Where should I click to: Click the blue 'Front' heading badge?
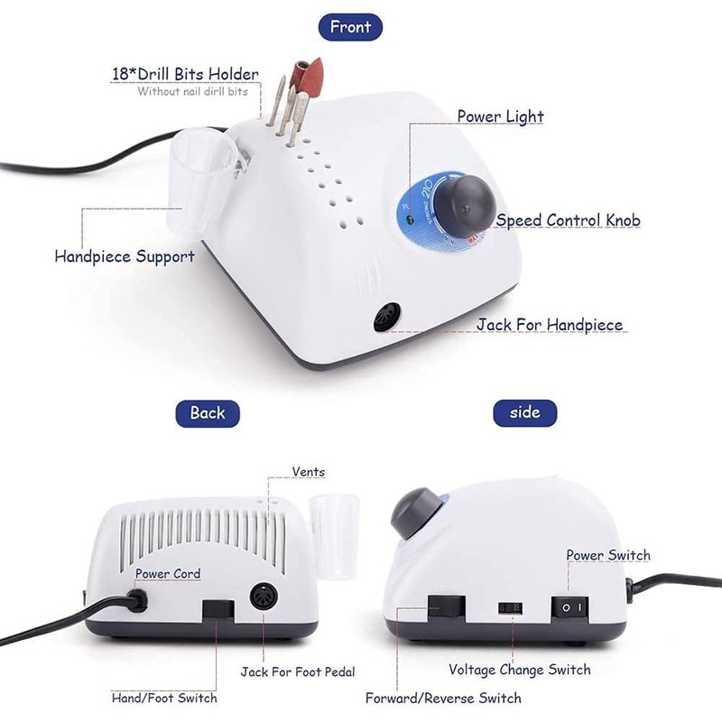350,26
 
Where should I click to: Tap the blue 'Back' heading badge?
207,412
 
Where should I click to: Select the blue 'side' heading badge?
524,412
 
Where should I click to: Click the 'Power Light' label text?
500,116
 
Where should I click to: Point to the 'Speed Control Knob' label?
568,221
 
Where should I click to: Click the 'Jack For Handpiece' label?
549,325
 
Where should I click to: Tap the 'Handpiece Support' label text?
125,256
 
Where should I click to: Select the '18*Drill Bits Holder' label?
184,74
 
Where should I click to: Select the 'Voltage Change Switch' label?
520,670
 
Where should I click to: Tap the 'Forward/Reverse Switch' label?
443,698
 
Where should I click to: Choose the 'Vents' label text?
308,472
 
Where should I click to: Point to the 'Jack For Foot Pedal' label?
298,671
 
